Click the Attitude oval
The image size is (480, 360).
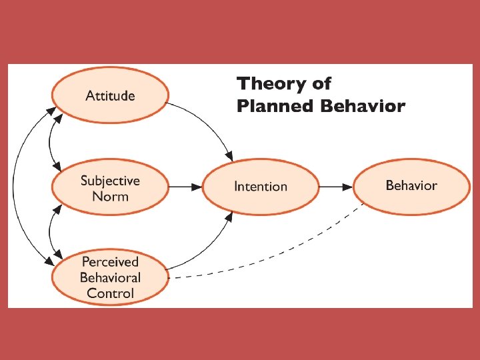(110, 95)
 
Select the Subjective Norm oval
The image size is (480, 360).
(110, 187)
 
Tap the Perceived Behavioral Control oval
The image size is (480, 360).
(110, 277)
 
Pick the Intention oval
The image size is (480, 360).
(261, 187)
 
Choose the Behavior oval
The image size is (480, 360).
(411, 187)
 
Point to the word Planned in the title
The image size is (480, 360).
(275, 107)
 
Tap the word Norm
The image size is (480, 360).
(110, 196)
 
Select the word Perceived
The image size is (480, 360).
(110, 262)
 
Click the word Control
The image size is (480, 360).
(110, 293)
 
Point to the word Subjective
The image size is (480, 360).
(110, 181)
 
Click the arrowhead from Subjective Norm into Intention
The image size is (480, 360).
(197, 187)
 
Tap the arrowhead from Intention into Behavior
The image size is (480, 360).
(347, 187)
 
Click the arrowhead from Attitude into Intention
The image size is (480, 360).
(229, 156)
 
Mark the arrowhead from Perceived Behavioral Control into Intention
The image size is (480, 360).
(229, 217)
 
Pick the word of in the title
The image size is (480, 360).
(321, 83)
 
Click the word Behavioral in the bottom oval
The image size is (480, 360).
(110, 277)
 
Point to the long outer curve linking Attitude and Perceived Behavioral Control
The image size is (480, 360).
(13, 185)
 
